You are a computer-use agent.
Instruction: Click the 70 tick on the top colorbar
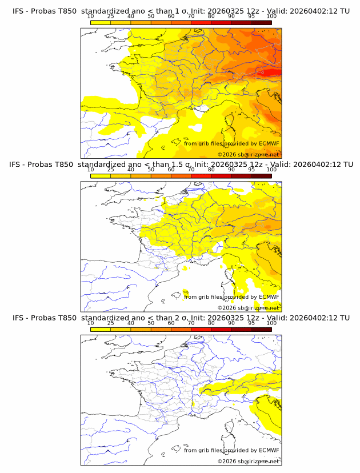pyautogui.click(x=191, y=16)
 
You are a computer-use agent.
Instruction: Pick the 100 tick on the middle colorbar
pyautogui.click(x=271, y=169)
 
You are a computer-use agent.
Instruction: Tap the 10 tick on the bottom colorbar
pyautogui.click(x=91, y=323)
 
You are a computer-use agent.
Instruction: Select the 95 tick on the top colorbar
pyautogui.click(x=251, y=16)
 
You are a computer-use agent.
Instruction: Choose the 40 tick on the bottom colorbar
pyautogui.click(x=131, y=323)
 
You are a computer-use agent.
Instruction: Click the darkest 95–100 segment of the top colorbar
pyautogui.click(x=261, y=22)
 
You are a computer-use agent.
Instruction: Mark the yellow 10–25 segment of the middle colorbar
pyautogui.click(x=101, y=175)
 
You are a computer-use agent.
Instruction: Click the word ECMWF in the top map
pyautogui.click(x=269, y=143)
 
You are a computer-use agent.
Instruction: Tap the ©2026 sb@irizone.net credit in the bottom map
pyautogui.click(x=249, y=461)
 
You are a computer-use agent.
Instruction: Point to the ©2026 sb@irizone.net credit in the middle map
pyautogui.click(x=249, y=307)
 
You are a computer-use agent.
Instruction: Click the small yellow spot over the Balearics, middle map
pyautogui.click(x=186, y=292)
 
